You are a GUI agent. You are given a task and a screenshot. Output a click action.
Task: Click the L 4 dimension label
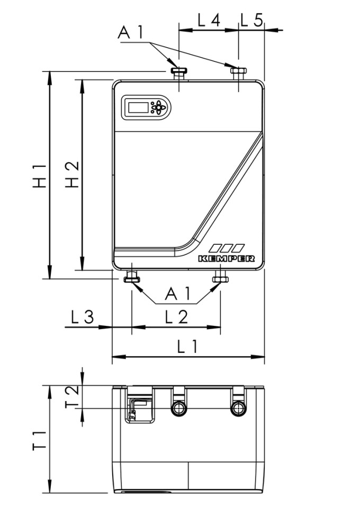click(x=209, y=20)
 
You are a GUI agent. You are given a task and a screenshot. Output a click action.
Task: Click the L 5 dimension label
click(x=252, y=20)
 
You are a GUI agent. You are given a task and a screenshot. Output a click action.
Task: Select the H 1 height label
click(x=39, y=175)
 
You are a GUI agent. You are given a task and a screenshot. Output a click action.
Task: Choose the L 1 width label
click(x=187, y=347)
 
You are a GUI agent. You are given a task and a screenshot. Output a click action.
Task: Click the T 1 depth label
click(x=39, y=440)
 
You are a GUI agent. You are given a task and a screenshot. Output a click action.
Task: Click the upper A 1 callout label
click(x=131, y=33)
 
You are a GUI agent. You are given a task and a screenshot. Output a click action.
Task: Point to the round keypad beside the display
click(x=157, y=107)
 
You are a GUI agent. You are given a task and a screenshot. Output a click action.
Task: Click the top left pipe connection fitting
click(x=179, y=72)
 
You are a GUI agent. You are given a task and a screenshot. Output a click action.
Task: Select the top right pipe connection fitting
click(x=238, y=72)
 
